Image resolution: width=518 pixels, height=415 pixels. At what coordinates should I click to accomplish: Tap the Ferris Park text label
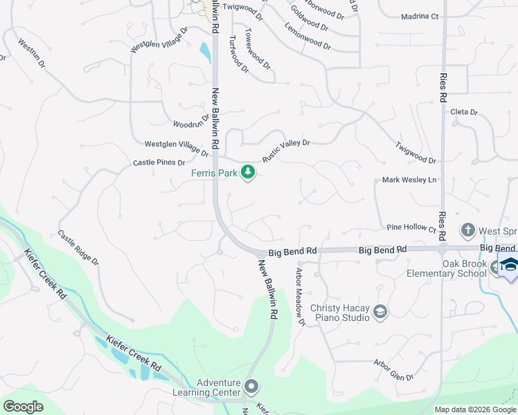click(x=214, y=173)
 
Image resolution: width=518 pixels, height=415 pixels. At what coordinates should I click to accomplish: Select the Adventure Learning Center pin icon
click(x=251, y=386)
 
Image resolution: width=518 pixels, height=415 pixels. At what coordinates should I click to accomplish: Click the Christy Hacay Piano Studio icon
click(x=379, y=313)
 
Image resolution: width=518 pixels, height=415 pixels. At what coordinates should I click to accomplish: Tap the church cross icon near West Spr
click(x=468, y=230)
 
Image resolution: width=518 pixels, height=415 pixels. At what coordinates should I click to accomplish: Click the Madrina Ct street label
click(x=420, y=16)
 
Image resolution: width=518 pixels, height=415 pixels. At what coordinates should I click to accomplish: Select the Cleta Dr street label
click(x=464, y=112)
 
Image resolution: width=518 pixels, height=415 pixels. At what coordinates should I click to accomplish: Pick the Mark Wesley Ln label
click(x=410, y=180)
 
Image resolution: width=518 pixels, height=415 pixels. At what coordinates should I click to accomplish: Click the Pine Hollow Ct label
click(x=411, y=228)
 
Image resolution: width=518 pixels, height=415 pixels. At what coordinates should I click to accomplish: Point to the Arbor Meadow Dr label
click(x=301, y=296)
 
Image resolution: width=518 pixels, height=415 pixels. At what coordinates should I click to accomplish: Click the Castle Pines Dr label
click(x=159, y=163)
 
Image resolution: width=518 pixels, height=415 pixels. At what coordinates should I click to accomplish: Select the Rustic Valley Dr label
click(x=285, y=149)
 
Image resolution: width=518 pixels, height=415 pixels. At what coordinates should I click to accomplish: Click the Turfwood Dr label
click(x=238, y=54)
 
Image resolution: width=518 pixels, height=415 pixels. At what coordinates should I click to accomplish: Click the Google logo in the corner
click(x=23, y=407)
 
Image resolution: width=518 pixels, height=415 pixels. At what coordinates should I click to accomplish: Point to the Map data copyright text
click(x=476, y=409)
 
